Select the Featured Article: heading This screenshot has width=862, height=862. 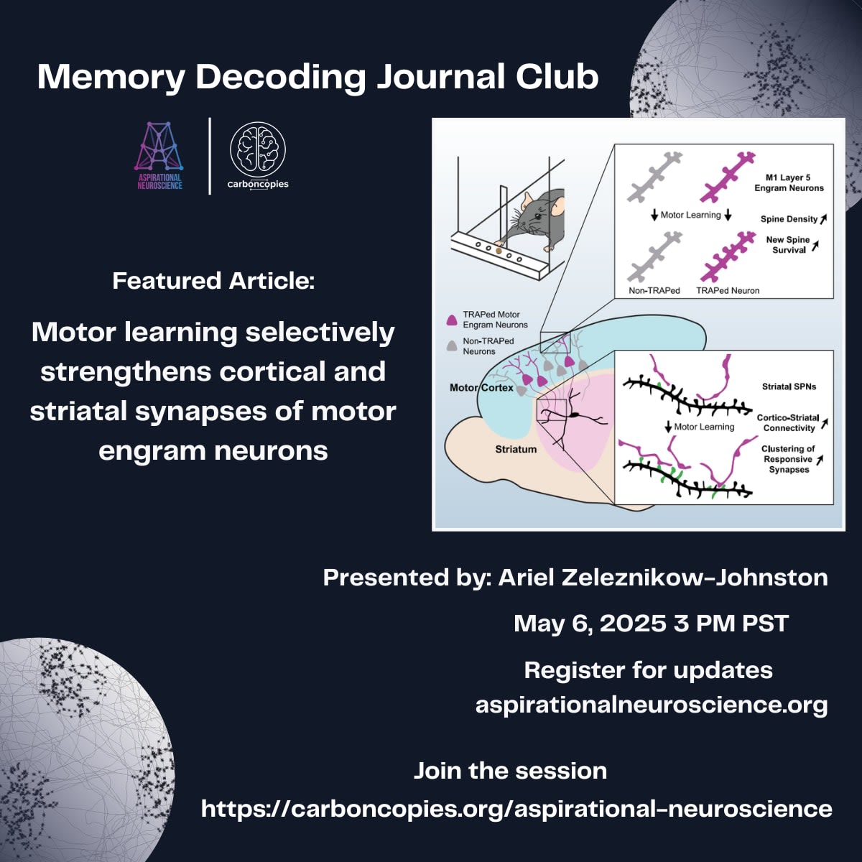point(213,280)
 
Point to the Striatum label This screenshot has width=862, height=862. point(515,449)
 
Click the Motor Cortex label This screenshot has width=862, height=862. point(481,388)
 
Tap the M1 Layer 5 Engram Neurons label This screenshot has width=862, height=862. point(788,182)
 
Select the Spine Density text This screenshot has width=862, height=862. point(789,219)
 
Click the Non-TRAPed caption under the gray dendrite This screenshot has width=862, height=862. point(654,290)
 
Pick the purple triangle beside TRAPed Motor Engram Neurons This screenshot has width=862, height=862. point(452,320)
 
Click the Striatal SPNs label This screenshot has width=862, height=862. point(789,386)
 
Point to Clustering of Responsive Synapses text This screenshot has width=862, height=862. point(788,459)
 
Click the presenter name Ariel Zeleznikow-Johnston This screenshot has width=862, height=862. point(662,577)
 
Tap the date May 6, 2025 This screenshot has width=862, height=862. point(590,624)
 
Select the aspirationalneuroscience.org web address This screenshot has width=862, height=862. point(651,705)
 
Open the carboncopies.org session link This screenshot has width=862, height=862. point(516,809)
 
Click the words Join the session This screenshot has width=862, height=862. point(510,771)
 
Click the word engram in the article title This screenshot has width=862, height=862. point(150,450)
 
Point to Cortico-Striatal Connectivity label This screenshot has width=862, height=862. point(788,422)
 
